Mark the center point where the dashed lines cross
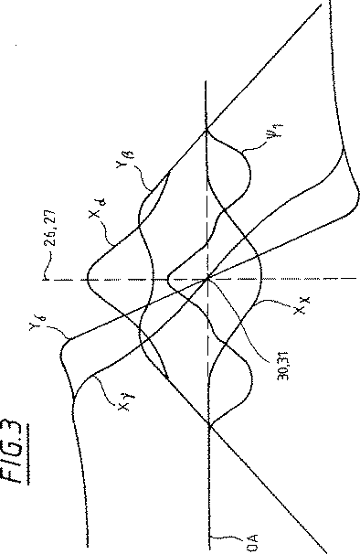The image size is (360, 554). (x=208, y=277)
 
